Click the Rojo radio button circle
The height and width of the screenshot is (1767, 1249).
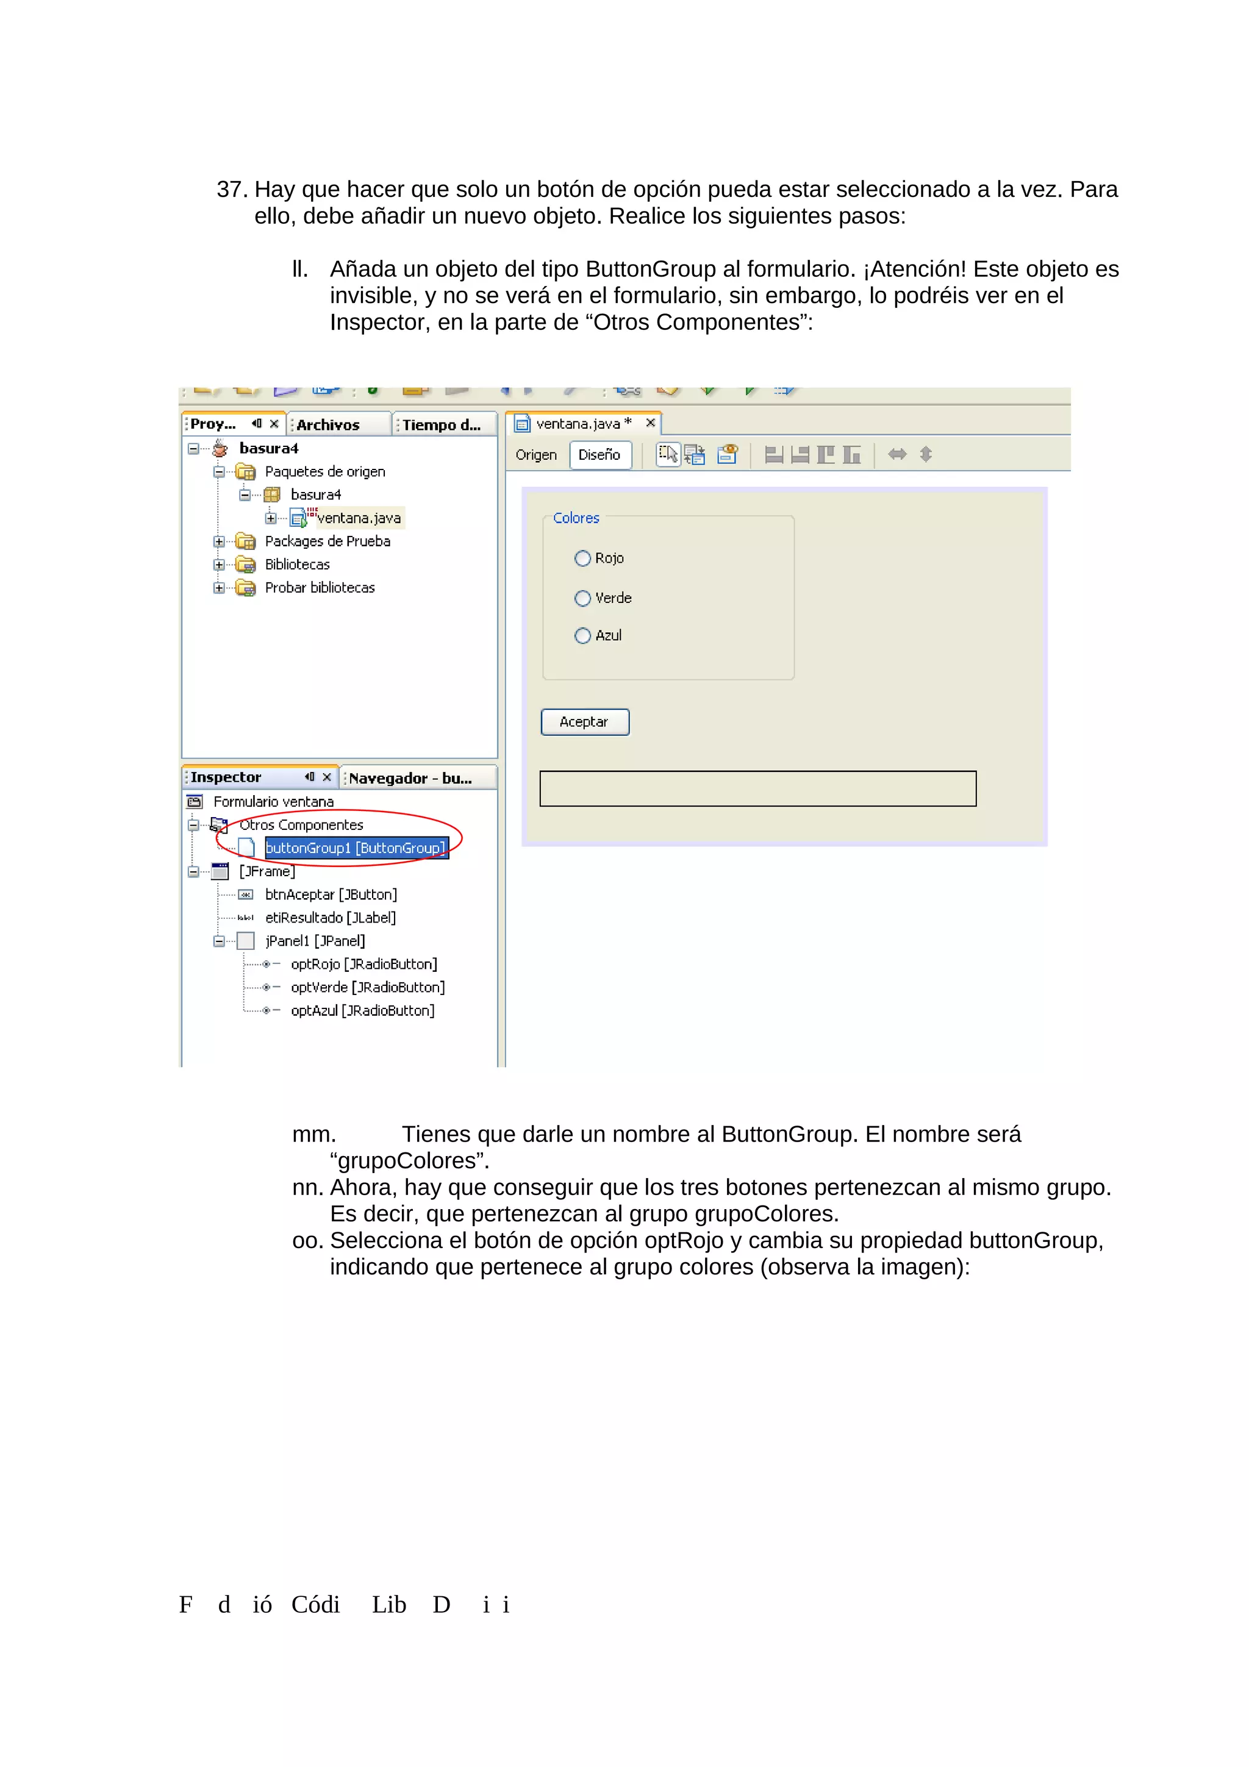coord(582,558)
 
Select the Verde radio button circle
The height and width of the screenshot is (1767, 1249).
coord(582,598)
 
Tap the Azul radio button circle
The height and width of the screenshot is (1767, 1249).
coord(582,636)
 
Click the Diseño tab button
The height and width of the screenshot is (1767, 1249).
coord(599,455)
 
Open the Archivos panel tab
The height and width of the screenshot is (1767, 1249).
coord(329,425)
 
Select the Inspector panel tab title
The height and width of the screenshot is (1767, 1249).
coord(226,777)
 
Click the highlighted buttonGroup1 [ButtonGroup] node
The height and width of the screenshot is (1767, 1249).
coord(356,848)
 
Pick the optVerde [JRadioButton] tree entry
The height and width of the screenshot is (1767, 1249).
coord(367,987)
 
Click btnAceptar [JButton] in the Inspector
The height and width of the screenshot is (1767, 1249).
coord(331,894)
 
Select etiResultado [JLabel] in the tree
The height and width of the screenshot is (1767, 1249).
coord(330,918)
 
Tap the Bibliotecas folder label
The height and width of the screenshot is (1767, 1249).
coord(297,565)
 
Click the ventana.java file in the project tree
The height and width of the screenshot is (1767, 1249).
coord(359,518)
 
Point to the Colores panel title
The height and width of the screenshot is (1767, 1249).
coord(576,518)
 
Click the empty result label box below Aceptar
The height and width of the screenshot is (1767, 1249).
coord(757,789)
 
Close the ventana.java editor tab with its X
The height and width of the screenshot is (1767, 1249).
coord(650,423)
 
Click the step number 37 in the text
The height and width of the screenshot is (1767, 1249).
coord(231,189)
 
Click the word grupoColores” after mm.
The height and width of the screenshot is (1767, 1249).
coord(409,1160)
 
